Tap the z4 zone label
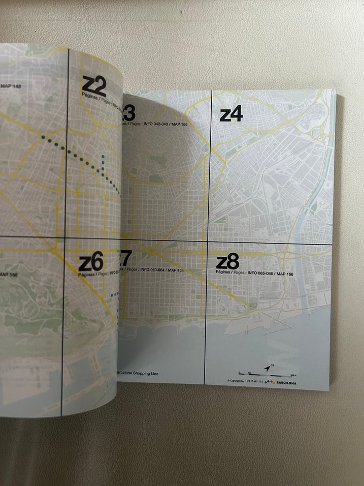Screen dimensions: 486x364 pos(231,114)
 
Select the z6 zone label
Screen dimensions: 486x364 pos(91,263)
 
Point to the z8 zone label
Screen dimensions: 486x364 pos(227,262)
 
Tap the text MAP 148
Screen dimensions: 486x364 pos(10,87)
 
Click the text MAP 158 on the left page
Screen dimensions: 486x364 pos(9,275)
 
